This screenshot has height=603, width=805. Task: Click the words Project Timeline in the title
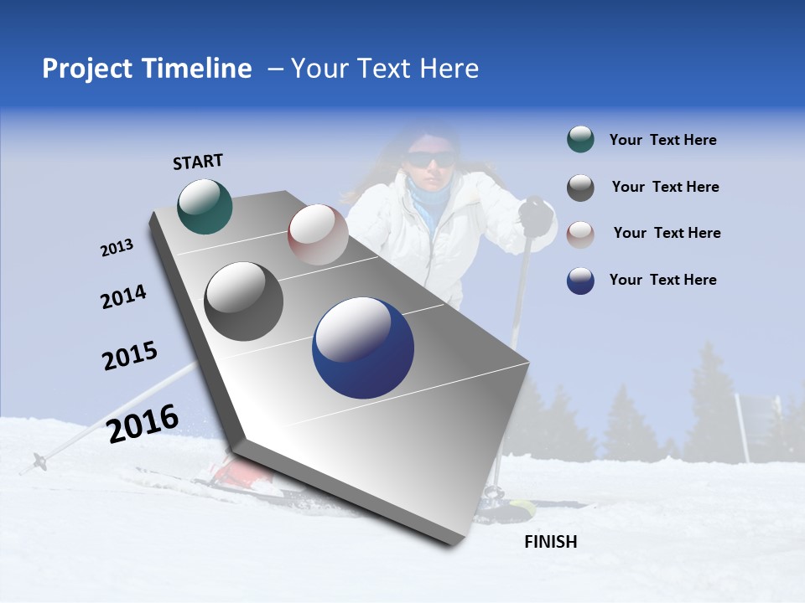(x=147, y=69)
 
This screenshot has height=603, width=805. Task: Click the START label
(x=198, y=162)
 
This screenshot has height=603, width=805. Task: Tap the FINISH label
(x=550, y=542)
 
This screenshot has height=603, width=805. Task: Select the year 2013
(x=117, y=248)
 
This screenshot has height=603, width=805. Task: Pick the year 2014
(x=123, y=297)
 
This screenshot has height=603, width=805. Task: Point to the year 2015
(x=130, y=356)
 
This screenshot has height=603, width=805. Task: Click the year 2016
(x=143, y=424)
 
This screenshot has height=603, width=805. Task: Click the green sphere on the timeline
(x=205, y=206)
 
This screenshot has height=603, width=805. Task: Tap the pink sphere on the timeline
(x=318, y=234)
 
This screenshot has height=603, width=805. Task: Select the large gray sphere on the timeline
(x=244, y=301)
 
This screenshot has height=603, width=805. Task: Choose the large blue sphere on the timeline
(x=363, y=348)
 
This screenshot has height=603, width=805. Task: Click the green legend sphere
(x=580, y=140)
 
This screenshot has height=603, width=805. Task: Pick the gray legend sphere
(x=580, y=188)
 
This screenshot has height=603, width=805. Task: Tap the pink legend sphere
(x=580, y=234)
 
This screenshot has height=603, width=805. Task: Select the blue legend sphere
(x=580, y=281)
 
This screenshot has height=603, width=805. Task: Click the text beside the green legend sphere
(x=662, y=140)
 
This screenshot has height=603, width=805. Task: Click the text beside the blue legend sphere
(x=662, y=280)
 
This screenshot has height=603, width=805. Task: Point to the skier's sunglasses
(x=431, y=159)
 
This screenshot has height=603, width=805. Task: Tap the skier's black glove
(x=535, y=216)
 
